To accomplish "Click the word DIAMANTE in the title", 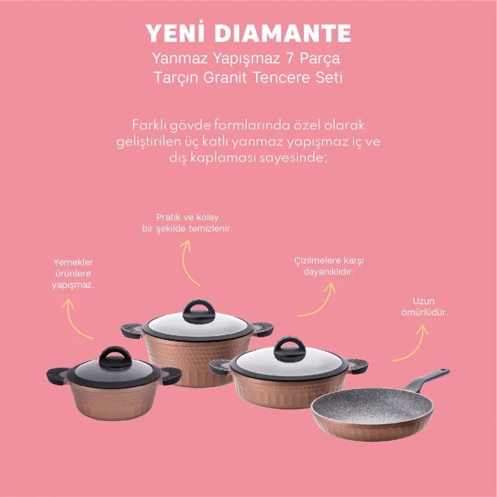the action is [x=285, y=34].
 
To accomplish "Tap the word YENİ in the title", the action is [x=176, y=32].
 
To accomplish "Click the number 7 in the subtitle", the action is [x=290, y=59].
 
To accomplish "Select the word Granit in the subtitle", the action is [x=225, y=77].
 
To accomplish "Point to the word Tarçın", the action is [x=176, y=78].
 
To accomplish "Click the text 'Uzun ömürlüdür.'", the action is [x=424, y=307].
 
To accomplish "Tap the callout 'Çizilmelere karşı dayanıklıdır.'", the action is [x=329, y=266].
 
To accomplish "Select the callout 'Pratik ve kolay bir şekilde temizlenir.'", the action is [x=187, y=223].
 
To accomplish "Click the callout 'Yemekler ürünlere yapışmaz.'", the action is [x=73, y=274].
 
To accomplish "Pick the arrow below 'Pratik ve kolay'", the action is [x=185, y=262].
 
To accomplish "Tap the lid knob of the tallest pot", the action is [x=199, y=313].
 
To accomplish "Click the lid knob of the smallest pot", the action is [x=115, y=358].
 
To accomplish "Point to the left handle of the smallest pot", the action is [x=58, y=376].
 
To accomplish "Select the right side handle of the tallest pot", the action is [x=262, y=330].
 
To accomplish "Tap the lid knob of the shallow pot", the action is [x=290, y=350].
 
